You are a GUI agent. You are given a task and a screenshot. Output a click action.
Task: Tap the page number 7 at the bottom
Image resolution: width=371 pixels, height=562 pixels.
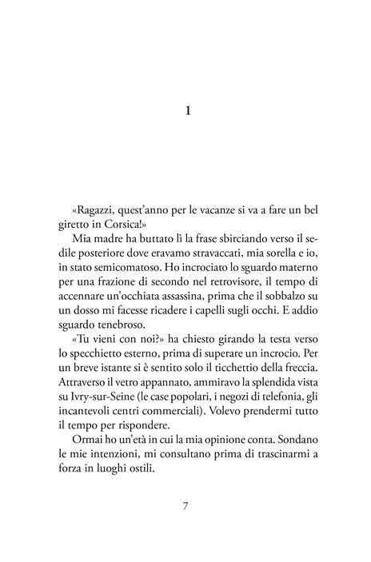point(185,506)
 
